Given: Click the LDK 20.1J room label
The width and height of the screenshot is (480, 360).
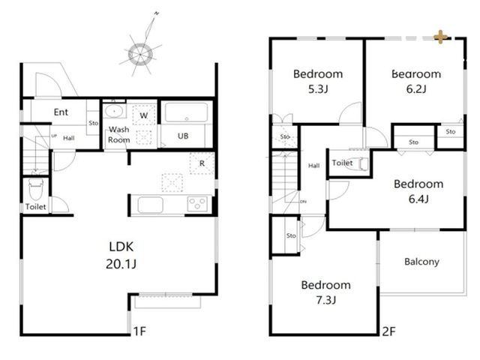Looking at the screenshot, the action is point(121,255).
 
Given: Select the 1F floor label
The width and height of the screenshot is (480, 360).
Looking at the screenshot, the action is point(140,331).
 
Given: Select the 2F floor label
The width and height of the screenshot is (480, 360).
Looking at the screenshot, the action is point(388,331).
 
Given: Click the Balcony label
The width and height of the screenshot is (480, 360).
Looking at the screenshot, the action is point(421,262).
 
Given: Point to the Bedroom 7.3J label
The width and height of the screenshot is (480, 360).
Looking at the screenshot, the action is point(326,292).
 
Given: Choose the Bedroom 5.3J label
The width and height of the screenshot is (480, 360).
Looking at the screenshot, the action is point(318,81).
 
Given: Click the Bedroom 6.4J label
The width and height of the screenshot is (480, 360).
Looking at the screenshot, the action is point(418,191).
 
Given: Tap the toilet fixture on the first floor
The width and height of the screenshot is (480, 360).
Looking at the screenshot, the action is point(36,189).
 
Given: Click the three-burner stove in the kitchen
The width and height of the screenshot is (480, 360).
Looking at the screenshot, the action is point(197,203).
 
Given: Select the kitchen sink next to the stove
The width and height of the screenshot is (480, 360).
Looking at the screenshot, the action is point(150,205).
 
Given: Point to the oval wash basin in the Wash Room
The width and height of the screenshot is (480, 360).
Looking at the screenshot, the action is point(113,111).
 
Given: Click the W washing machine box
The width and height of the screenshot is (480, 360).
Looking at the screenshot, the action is point(144,115).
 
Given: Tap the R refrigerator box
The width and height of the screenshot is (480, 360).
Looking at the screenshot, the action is point(202,163).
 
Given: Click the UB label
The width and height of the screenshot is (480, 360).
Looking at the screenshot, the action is point(183,136).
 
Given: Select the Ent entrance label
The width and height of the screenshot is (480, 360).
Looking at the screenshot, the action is point(61,112).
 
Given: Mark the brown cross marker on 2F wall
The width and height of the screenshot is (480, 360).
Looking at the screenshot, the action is point(440,37).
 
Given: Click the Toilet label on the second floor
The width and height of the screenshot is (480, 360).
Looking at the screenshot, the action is point(342,163).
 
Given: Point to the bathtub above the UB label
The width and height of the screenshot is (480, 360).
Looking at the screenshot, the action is point(187,112).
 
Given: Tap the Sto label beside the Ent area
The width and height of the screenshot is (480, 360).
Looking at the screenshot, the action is point(93,123).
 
